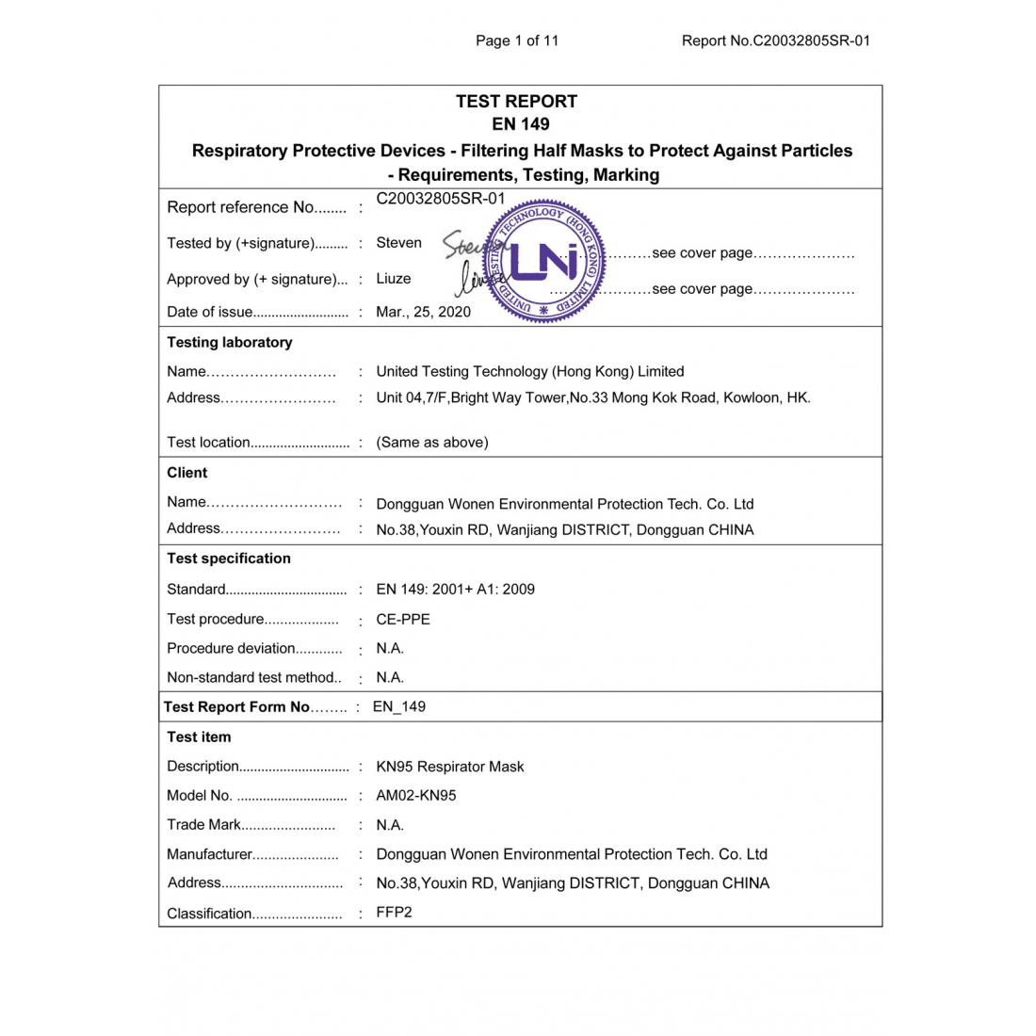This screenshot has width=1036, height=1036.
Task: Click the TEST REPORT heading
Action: tap(516, 102)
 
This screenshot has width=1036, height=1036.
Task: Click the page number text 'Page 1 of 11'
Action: tap(517, 40)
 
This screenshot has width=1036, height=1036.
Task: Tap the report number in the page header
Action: tap(775, 40)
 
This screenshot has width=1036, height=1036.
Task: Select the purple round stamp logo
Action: tap(543, 262)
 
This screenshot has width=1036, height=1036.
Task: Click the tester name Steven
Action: tap(398, 243)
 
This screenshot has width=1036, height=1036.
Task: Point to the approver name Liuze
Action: tap(393, 279)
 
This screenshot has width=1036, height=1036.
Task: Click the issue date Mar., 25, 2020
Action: tap(423, 312)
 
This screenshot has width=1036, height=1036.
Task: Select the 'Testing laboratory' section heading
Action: tap(229, 342)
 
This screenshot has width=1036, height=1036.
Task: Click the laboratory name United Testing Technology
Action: tap(529, 371)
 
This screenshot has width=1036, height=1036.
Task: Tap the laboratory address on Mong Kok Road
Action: tap(592, 397)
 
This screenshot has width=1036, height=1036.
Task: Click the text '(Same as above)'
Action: tap(431, 442)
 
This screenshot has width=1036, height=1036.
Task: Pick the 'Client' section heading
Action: tap(186, 473)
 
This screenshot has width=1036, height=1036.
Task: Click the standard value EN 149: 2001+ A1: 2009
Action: tap(455, 590)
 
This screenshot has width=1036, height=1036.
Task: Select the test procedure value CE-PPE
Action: tap(402, 620)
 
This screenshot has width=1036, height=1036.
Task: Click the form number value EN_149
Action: tap(398, 707)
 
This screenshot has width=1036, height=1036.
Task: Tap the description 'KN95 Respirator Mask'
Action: tap(449, 767)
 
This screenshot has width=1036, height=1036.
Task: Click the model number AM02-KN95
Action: tap(415, 796)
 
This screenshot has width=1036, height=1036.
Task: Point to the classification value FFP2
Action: tap(394, 913)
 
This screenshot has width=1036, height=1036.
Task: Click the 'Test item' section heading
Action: tap(199, 737)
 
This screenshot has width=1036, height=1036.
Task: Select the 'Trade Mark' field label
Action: tap(204, 825)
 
